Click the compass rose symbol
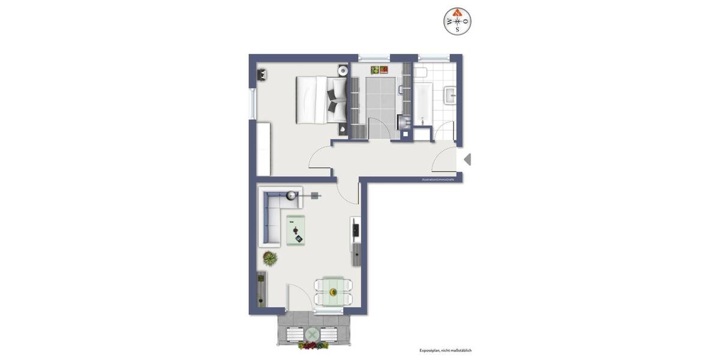[457, 22]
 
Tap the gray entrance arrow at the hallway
[467, 160]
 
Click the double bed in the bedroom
[321, 100]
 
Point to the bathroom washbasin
[451, 95]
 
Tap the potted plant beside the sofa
[270, 259]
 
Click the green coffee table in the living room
[295, 230]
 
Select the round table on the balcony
[313, 334]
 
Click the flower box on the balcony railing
[313, 346]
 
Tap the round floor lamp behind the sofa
[292, 195]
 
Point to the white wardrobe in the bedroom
[263, 149]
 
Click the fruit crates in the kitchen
[379, 70]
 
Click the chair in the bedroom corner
[263, 75]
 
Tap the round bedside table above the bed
[342, 71]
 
